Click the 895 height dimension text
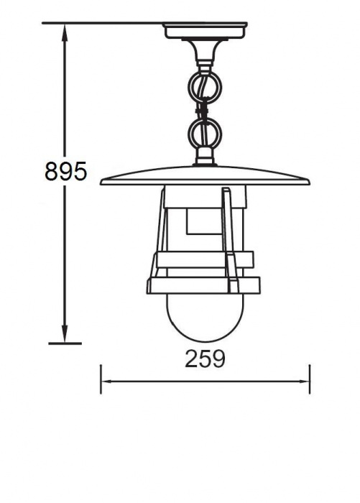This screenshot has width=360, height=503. tap(65, 171)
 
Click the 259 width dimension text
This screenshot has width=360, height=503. tap(205, 358)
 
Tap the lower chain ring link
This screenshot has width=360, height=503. tap(205, 134)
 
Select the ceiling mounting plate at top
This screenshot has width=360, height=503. tap(205, 30)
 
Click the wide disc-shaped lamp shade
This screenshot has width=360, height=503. tap(205, 177)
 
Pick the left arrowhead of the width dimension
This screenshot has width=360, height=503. tap(105, 382)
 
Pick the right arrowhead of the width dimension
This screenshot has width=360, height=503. tap(305, 382)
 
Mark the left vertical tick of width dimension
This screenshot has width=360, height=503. tap(101, 379)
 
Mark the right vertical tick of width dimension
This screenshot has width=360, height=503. tap(310, 379)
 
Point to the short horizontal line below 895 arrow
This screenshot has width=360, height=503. tap(65, 343)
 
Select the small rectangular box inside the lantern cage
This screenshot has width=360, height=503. tap(204, 222)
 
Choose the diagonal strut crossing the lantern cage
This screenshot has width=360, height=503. tap(230, 237)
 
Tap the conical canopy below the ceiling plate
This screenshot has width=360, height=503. tap(205, 50)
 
